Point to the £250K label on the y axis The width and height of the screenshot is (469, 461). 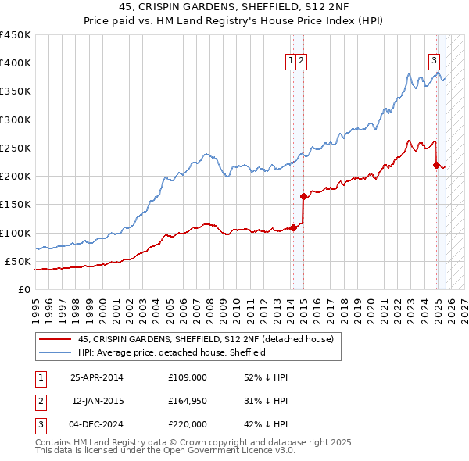point(15,148)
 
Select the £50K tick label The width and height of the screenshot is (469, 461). point(18,261)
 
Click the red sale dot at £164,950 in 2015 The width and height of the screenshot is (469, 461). point(303,195)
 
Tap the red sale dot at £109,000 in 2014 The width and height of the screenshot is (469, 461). point(293,227)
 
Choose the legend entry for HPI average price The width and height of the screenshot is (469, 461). point(172,352)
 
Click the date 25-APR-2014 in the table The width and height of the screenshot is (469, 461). point(96,377)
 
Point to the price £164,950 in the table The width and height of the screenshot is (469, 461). point(187,401)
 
